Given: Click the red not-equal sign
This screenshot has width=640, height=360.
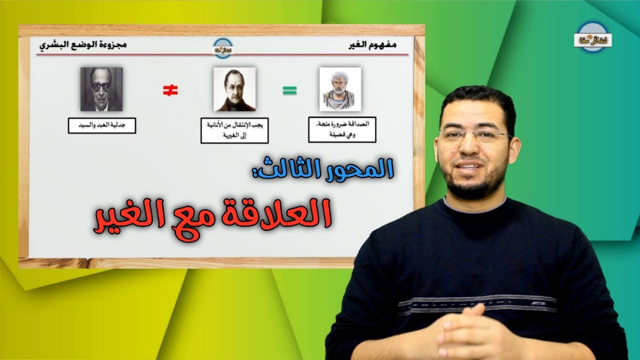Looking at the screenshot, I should pyautogui.click(x=170, y=90).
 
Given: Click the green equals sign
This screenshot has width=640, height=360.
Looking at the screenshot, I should pyautogui.click(x=289, y=90).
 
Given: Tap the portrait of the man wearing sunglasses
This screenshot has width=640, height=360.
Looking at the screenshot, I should pyautogui.click(x=101, y=89).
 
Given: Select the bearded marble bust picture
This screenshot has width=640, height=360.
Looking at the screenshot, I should pyautogui.click(x=340, y=89).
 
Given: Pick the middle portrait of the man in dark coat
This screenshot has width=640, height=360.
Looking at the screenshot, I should pyautogui.click(x=234, y=89).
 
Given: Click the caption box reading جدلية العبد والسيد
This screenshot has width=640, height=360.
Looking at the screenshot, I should pyautogui.click(x=102, y=125).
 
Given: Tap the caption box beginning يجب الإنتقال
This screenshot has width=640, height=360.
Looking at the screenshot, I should pyautogui.click(x=234, y=131).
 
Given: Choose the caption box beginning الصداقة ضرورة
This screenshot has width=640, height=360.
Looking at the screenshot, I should pyautogui.click(x=342, y=130).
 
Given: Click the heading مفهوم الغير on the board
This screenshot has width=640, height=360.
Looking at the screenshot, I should pyautogui.click(x=373, y=45).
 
